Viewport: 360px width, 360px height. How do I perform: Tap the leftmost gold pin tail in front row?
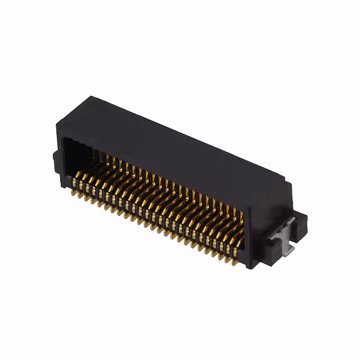tap(74, 190)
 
